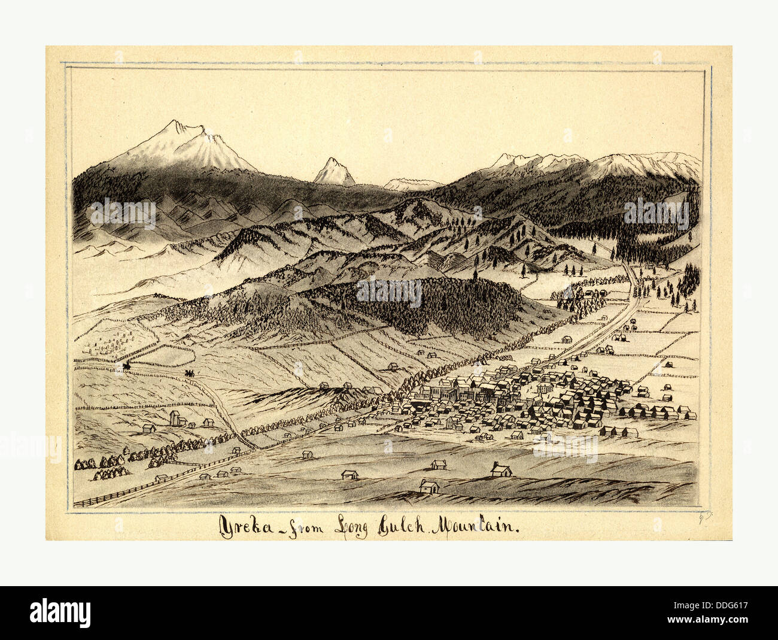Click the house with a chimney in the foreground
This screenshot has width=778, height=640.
(500, 470)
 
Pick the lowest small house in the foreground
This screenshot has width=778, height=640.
(428, 486)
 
